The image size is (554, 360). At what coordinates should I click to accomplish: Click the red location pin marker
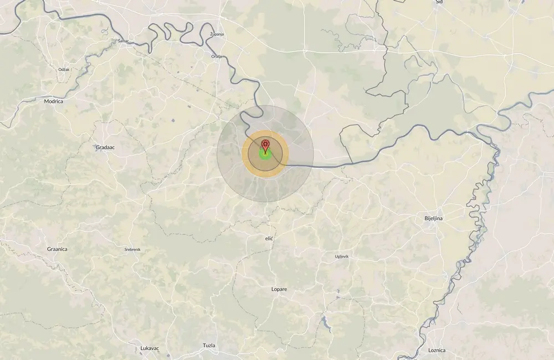tap(265, 146)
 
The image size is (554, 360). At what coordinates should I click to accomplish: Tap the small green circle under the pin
tap(265, 156)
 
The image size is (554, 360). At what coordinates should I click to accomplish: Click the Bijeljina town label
tap(433, 219)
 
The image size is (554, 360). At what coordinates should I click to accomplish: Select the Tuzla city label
tap(209, 346)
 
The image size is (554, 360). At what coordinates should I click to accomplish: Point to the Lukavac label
tap(150, 348)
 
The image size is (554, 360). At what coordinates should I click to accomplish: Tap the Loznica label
tap(437, 350)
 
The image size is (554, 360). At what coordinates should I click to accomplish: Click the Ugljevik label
tap(342, 256)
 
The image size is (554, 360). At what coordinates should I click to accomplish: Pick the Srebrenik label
tap(132, 250)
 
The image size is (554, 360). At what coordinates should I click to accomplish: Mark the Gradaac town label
tap(105, 148)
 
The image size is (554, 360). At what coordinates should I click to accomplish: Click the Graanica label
tap(57, 249)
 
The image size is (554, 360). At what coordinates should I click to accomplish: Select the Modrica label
tap(54, 102)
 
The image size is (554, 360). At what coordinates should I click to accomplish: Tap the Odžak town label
tap(64, 69)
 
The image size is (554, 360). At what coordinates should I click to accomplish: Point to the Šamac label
tap(123, 41)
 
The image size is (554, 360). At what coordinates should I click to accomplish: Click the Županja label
tap(217, 34)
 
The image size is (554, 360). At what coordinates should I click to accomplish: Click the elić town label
tap(270, 238)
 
